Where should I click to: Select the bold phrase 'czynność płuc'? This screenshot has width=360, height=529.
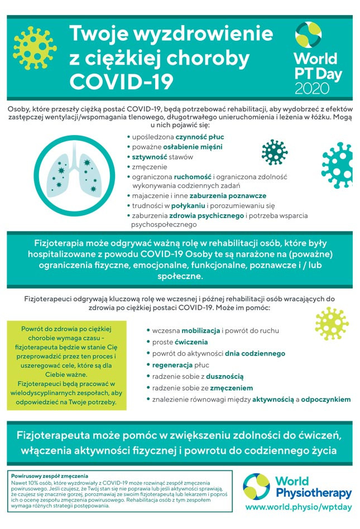(x=200, y=137)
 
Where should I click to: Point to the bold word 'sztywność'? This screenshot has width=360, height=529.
(x=150, y=157)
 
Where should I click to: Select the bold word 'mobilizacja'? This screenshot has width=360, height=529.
(x=201, y=330)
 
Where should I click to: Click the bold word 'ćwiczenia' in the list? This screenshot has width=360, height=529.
(x=191, y=342)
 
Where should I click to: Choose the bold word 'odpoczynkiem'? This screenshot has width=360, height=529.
(x=326, y=400)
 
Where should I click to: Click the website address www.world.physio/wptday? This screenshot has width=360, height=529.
(x=299, y=507)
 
